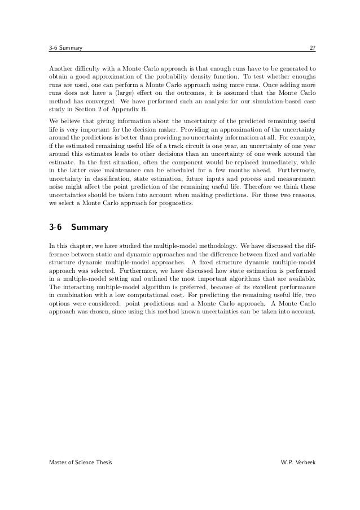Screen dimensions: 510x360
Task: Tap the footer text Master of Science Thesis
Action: (x=80, y=463)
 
